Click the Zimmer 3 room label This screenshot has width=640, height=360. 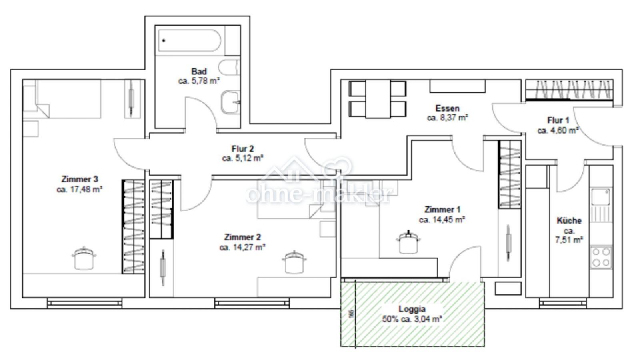(x=80, y=179)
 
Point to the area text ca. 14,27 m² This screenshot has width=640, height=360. (x=242, y=247)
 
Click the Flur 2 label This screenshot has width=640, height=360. (x=242, y=149)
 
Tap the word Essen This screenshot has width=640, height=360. (x=447, y=108)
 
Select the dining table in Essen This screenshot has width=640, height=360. (x=378, y=99)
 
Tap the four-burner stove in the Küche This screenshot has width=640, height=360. (x=601, y=257)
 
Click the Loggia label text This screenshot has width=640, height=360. (x=412, y=309)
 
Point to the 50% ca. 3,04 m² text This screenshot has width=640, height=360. (x=412, y=319)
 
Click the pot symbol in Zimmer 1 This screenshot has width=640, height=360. (x=408, y=242)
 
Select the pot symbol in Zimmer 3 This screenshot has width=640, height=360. (x=84, y=258)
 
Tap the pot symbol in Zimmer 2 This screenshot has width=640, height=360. (x=294, y=262)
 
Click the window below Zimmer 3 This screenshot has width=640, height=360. (x=84, y=303)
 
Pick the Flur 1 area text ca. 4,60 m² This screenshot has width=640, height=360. (x=558, y=130)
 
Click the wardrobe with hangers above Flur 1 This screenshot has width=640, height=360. (x=568, y=90)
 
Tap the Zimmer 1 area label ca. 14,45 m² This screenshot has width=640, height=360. (x=442, y=220)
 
